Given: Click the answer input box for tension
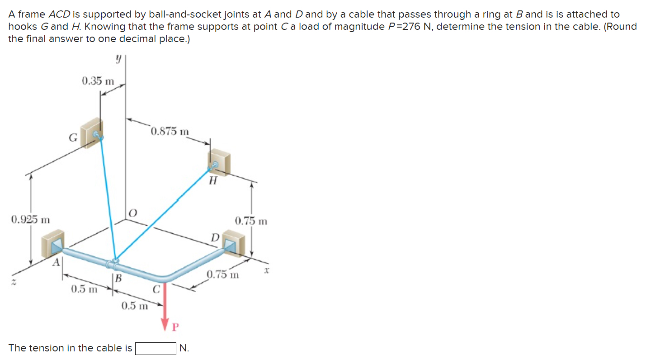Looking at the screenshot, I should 156,349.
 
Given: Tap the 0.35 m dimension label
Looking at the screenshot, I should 98,81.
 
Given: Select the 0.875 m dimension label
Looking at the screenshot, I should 170,132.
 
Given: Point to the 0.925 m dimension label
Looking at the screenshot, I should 30,220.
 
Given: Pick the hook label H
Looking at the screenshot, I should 213,182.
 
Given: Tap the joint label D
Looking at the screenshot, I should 216,237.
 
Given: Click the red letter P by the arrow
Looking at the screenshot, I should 176,327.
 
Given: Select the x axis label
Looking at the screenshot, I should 267,271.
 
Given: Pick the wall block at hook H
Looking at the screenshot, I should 220,163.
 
